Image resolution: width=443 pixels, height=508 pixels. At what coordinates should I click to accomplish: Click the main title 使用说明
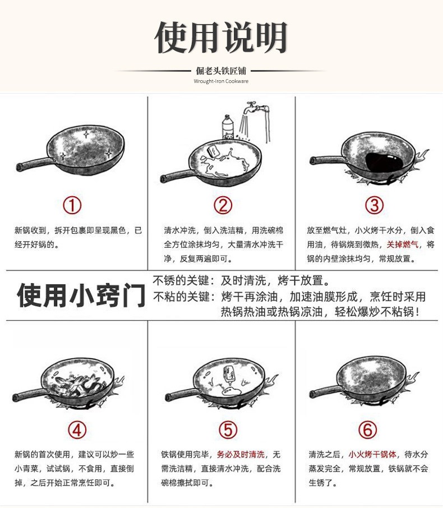coord(221,37)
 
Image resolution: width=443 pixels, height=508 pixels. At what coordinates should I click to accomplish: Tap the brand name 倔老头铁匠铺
coord(221,71)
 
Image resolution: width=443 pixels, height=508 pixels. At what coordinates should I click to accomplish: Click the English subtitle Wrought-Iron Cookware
coord(221,81)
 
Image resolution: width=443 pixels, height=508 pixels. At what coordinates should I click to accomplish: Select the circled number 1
coord(72,205)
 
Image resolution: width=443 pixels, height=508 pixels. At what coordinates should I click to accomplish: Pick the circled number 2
coord(223,205)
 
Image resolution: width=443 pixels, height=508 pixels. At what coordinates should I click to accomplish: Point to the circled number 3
coord(374,205)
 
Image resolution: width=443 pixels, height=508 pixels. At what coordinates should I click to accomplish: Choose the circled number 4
coord(77,430)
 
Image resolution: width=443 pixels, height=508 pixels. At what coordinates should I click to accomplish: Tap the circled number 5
coord(228,430)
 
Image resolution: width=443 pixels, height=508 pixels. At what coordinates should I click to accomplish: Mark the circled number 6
coord(368,430)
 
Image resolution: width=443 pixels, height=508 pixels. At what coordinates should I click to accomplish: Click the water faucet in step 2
coord(256,107)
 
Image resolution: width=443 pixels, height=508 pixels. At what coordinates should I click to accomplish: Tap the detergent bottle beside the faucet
coord(228,127)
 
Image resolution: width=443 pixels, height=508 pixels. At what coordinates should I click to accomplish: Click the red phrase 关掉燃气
coord(403,244)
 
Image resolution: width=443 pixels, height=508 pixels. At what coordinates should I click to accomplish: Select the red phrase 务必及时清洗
coord(241,455)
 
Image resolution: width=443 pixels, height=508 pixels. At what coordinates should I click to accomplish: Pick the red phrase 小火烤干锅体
coord(373,455)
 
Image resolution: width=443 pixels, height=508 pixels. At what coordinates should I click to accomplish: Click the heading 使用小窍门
coord(81,295)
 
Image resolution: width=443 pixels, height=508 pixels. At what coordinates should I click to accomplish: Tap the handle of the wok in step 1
coord(34,164)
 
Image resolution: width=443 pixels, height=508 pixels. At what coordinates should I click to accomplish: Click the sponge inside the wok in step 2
coord(212,151)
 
